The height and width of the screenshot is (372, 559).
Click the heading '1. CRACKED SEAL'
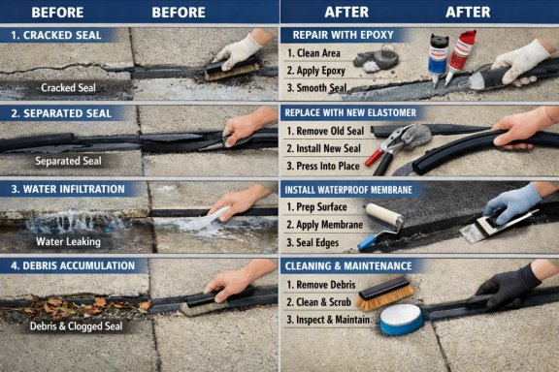56,35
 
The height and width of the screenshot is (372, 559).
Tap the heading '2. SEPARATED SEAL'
61,113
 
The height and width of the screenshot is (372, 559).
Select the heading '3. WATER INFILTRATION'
68,189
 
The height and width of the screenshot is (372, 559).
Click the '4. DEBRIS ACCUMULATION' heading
73,265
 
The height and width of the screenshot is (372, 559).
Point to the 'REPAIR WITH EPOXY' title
343,35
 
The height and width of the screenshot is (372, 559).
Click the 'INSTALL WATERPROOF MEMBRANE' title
348,190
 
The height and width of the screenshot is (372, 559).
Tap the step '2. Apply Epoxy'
315,71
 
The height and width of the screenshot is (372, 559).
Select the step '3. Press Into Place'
323,166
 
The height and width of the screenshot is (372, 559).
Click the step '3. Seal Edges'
312,243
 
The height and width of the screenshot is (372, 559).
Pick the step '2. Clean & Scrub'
318,302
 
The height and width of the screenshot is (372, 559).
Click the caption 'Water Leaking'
68,242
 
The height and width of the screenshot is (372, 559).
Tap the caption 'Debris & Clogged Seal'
76,326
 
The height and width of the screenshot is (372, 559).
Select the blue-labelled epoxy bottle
437,59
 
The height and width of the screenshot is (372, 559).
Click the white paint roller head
383,215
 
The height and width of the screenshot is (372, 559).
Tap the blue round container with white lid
401,320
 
